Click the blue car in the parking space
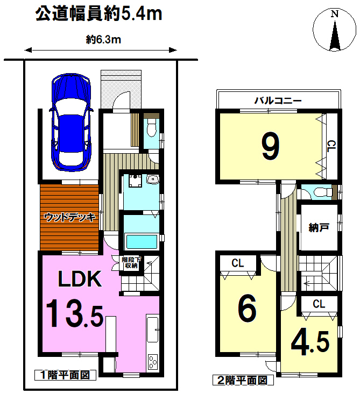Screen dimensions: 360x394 tap(71, 123)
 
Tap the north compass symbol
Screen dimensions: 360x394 tap(334, 30)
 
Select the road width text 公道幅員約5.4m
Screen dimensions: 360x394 tap(98, 14)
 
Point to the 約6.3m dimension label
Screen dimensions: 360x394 tap(103, 39)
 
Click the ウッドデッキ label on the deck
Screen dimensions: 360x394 tap(69, 217)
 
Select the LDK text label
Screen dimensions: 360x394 tap(80, 278)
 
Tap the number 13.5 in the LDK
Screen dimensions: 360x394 tap(74, 313)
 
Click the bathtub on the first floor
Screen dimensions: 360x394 tap(142, 241)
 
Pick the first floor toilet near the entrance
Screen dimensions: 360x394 tap(151, 128)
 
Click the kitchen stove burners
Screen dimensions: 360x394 tap(153, 362)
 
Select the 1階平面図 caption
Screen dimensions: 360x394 tap(65, 375)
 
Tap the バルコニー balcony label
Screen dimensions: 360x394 tap(278, 101)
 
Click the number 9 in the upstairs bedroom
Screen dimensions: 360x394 tap(271, 146)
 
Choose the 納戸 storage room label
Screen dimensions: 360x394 tap(319, 228)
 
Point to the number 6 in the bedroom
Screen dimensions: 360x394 tap(248, 309)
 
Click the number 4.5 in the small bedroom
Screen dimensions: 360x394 tap(310, 342)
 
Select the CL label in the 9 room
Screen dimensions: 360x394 tap(331, 146)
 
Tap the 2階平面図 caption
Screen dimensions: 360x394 tap(243, 380)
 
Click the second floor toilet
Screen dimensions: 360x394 tap(323, 192)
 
